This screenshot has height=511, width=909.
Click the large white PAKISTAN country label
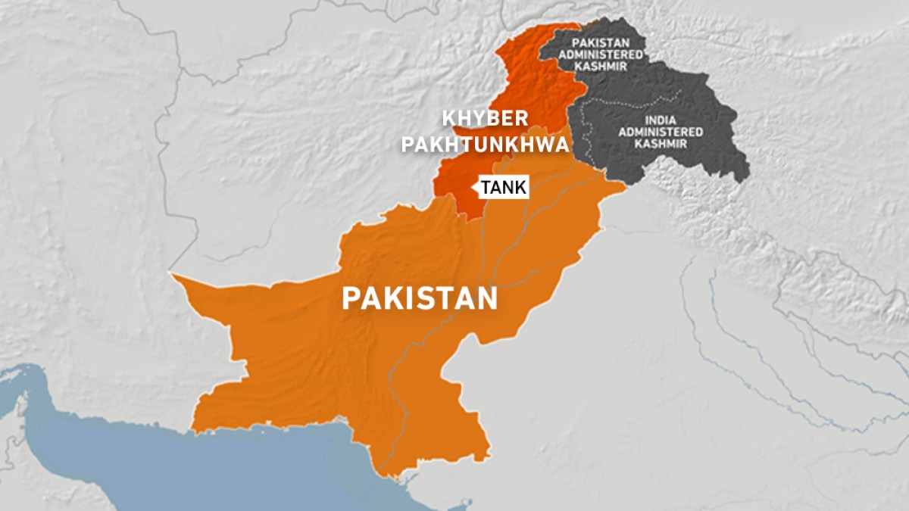tap(419, 298)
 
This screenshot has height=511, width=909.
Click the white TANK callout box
tap(502, 188)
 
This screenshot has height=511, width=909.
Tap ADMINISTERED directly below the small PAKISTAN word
tap(608, 55)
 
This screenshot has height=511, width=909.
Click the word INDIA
tap(661, 120)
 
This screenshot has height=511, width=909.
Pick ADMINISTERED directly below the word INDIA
tap(661, 132)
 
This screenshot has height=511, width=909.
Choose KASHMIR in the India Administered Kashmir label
tap(661, 143)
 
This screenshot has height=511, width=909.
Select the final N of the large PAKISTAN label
tap(487, 298)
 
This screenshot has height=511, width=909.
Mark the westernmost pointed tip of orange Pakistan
tap(172, 276)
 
